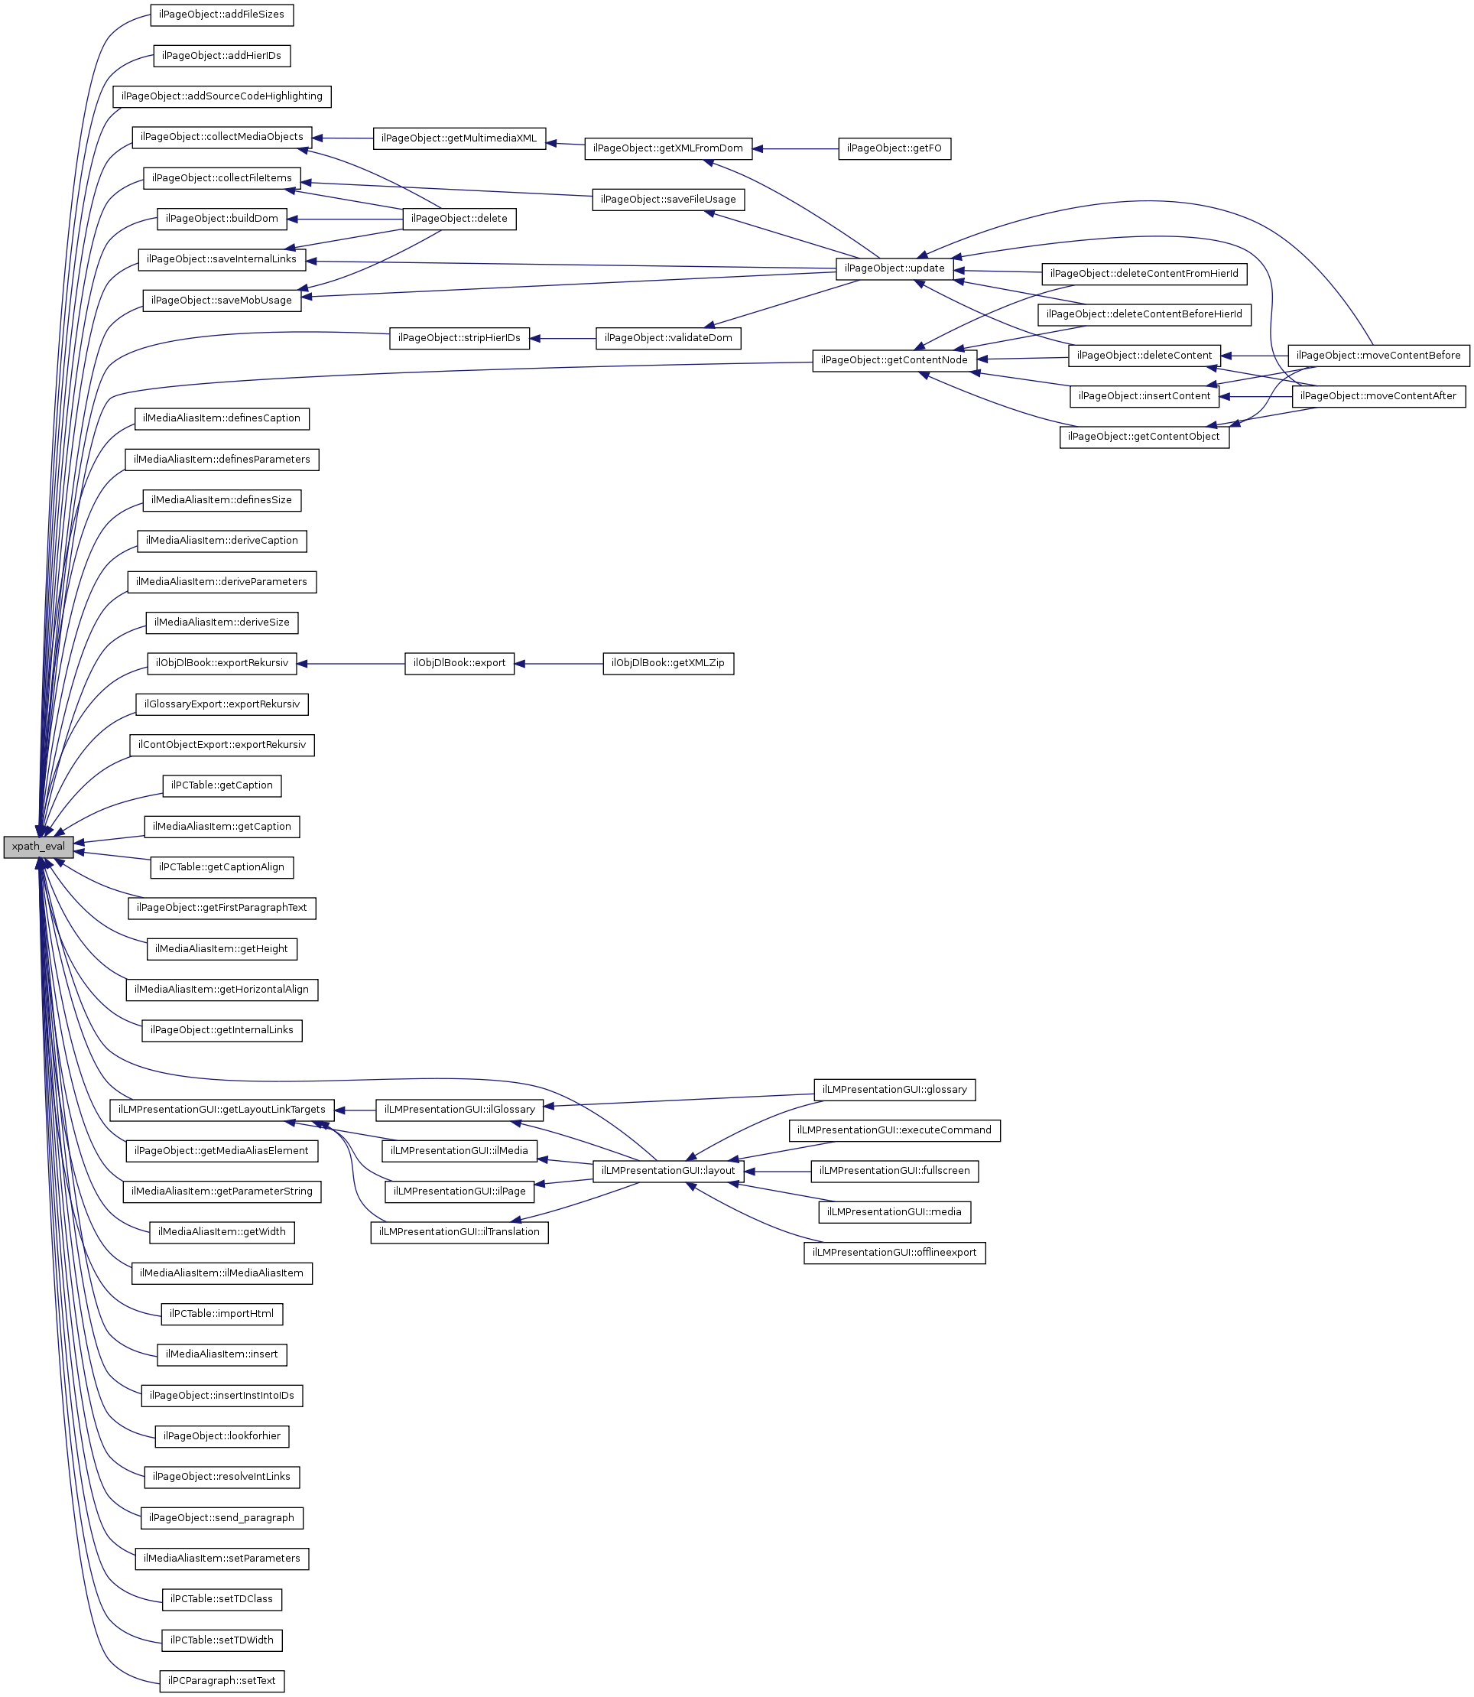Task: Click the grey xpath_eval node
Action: click(37, 847)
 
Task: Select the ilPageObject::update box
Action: click(894, 268)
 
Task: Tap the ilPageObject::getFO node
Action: click(894, 149)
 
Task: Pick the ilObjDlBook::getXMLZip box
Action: click(668, 663)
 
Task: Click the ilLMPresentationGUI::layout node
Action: click(668, 1171)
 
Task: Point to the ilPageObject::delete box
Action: click(459, 219)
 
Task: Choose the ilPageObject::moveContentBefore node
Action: click(1378, 356)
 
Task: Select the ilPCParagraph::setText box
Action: click(221, 1680)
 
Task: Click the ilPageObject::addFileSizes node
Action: click(221, 15)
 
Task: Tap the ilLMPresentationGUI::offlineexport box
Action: click(894, 1253)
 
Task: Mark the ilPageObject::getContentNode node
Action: click(894, 360)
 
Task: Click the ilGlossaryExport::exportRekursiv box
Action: click(221, 704)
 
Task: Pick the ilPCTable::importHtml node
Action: click(221, 1314)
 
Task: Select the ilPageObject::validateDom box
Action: click(668, 338)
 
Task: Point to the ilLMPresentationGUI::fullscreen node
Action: click(894, 1171)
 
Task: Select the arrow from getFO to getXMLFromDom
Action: click(794, 149)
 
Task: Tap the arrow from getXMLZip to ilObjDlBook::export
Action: click(559, 663)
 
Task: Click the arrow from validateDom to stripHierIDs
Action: click(563, 338)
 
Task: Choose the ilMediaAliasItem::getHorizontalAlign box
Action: click(221, 990)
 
